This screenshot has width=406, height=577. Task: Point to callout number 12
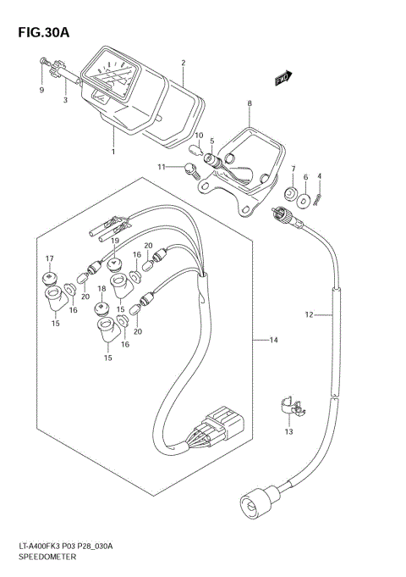pyautogui.click(x=310, y=315)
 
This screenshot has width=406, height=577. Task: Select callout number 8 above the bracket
pyautogui.click(x=250, y=104)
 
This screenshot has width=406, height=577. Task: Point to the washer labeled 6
pyautogui.click(x=306, y=199)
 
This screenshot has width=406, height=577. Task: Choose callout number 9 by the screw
pyautogui.click(x=40, y=90)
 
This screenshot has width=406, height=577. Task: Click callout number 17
pyautogui.click(x=49, y=258)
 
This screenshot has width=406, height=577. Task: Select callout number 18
pyautogui.click(x=101, y=289)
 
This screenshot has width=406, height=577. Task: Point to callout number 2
pyautogui.click(x=183, y=63)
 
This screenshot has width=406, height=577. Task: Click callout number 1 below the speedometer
pyautogui.click(x=112, y=152)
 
